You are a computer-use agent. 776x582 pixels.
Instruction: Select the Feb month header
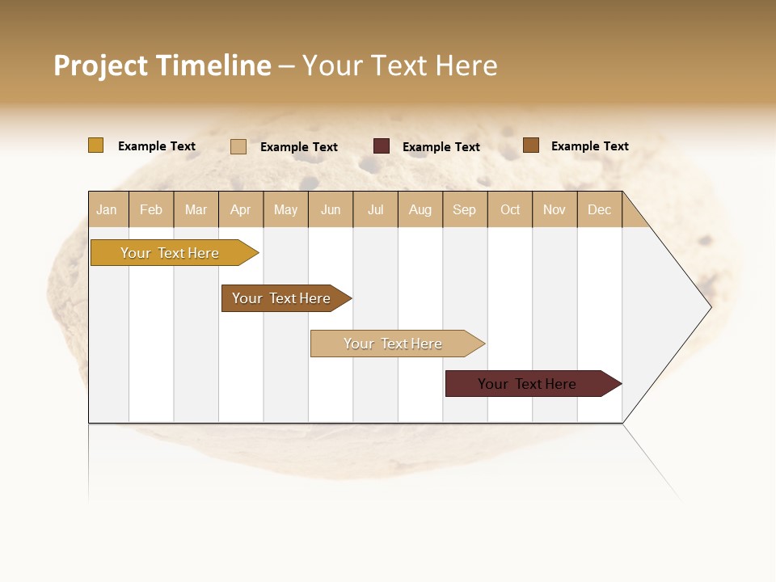[x=151, y=209]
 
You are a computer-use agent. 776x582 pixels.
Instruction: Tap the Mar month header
[x=196, y=209]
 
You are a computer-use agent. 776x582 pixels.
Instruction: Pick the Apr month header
[x=241, y=209]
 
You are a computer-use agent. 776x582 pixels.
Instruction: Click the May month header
[x=285, y=209]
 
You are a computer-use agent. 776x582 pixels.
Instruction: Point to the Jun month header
[x=331, y=209]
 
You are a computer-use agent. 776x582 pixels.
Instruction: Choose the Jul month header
[x=375, y=209]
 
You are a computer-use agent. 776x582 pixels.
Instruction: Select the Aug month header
[x=420, y=209]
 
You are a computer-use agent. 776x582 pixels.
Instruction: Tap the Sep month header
[x=465, y=209]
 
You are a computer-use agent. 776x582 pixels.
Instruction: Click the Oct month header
[x=510, y=209]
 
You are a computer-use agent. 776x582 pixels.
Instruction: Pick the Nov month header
[x=555, y=209]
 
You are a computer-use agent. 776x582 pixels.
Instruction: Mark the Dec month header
[x=600, y=209]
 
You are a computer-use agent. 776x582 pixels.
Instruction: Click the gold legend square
[x=96, y=145]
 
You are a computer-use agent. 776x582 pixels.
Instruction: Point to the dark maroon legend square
[x=382, y=146]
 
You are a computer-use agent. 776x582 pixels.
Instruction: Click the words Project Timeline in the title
[x=162, y=65]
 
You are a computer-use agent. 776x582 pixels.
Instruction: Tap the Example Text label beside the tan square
[x=298, y=147]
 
